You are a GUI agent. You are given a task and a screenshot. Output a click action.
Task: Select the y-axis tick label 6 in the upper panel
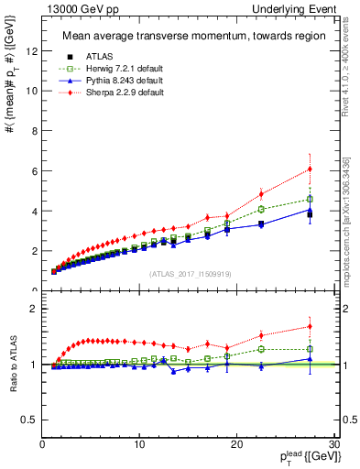click(34, 170)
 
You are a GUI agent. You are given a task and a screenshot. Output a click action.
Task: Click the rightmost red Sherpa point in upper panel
click(310, 169)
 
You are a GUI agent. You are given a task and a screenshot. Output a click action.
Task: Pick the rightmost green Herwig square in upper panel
click(310, 199)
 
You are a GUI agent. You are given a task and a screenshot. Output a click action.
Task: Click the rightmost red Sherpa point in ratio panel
click(310, 326)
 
